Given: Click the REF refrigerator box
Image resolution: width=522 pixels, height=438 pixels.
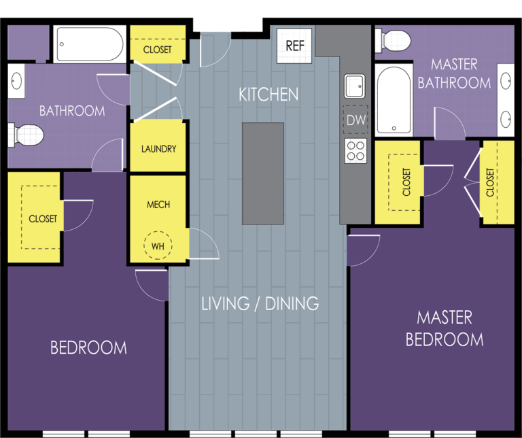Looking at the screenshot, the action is (x=294, y=46).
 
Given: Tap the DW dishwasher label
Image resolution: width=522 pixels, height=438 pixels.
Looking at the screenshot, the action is (x=356, y=120).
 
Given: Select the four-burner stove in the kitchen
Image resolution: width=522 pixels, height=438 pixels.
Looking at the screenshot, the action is (x=355, y=150).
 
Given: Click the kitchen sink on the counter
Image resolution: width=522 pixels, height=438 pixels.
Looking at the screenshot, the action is (x=355, y=86).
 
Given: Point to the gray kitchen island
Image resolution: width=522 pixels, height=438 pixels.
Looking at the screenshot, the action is (x=263, y=173).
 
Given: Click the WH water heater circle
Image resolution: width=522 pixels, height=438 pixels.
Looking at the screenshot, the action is (x=158, y=245).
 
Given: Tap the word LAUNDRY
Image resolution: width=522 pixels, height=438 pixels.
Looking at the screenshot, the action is (x=158, y=148).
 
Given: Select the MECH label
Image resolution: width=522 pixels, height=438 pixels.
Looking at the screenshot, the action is (x=158, y=204).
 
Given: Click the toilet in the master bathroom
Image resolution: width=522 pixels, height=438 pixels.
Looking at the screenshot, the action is (x=393, y=41).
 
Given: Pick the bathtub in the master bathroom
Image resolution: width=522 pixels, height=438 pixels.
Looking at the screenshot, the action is (x=394, y=100).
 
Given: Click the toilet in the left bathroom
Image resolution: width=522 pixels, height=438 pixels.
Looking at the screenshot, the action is (x=26, y=135).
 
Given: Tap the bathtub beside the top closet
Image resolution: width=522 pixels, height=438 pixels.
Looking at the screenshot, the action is (x=90, y=44).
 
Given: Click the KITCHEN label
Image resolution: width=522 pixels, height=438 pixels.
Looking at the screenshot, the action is (x=268, y=95).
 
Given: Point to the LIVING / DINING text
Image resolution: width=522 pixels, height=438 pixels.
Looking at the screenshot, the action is (x=260, y=303).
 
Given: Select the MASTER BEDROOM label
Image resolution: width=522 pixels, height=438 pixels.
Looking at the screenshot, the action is (x=445, y=328).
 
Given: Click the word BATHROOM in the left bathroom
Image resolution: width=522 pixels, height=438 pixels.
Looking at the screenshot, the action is (x=72, y=111).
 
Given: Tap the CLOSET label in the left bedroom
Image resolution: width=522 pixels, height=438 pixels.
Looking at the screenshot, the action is (x=43, y=219).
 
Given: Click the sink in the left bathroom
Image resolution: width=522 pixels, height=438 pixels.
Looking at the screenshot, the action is (x=16, y=81).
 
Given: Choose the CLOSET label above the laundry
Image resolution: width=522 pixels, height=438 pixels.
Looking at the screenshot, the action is (x=158, y=50).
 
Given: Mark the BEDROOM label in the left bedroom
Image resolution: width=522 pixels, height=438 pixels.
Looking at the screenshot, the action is (x=88, y=348).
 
